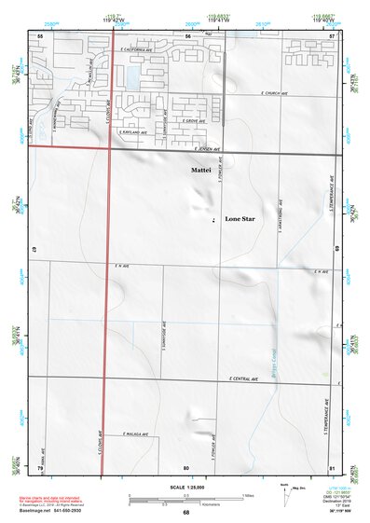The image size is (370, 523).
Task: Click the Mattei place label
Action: [x=201, y=171]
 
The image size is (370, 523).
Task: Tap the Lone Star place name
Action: [x=240, y=219]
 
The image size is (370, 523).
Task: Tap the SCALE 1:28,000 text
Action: [x=186, y=489]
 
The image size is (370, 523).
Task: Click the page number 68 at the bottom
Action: [x=186, y=513]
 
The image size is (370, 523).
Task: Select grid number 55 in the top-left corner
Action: [x=40, y=34]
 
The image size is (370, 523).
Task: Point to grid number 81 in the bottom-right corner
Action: [x=332, y=466]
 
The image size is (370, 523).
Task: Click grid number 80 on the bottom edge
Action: [x=186, y=466]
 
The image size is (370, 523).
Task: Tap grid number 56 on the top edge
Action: [x=187, y=35]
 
